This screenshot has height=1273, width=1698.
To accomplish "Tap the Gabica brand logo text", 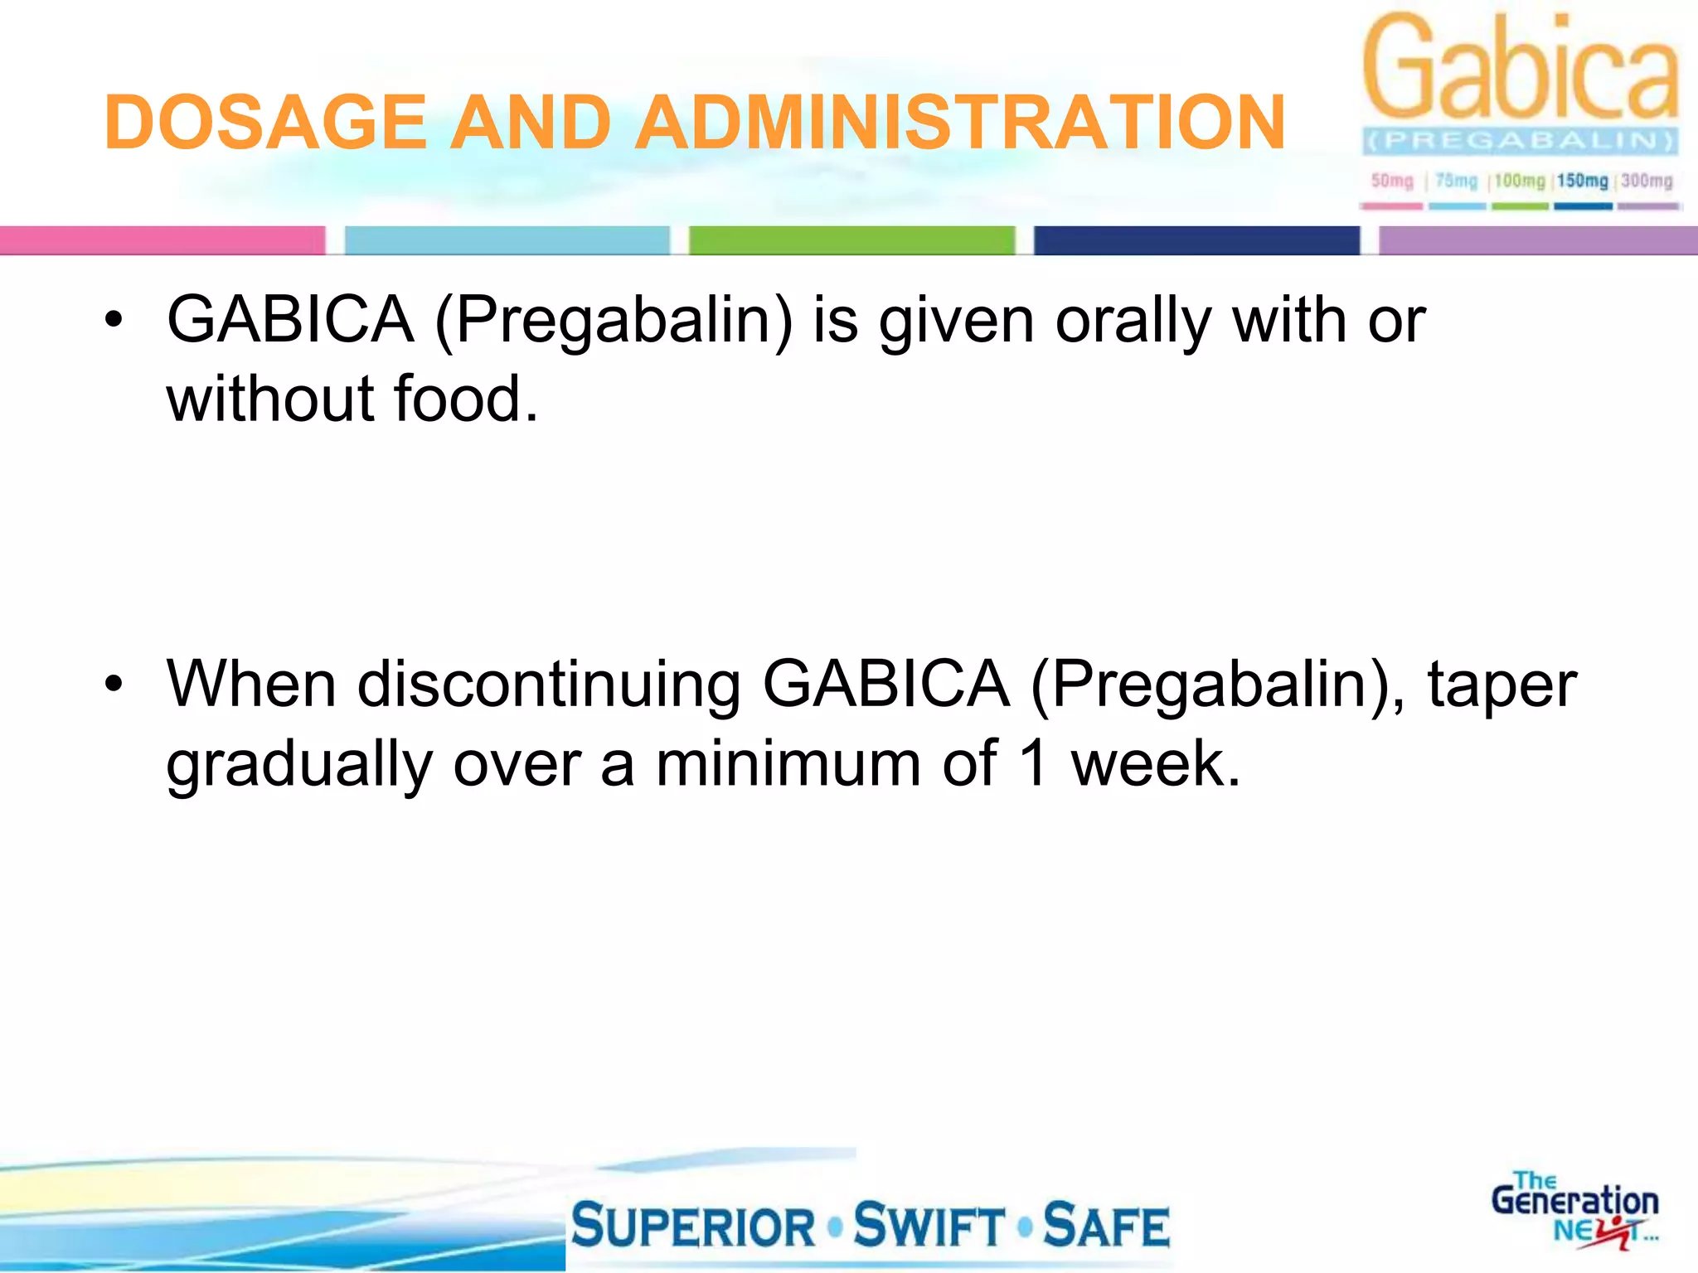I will click(x=1521, y=68).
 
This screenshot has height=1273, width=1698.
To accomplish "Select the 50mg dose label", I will click(x=1392, y=181).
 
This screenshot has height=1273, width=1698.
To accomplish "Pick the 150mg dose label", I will click(x=1582, y=181).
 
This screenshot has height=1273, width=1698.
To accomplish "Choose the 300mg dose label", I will click(x=1647, y=181).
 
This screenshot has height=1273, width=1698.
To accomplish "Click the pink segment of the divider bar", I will click(x=163, y=240).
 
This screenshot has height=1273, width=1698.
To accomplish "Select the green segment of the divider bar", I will click(x=851, y=240).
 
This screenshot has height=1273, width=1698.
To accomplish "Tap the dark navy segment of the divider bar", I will click(x=1196, y=240).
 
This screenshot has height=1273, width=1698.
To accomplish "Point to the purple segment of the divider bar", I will click(x=1538, y=240).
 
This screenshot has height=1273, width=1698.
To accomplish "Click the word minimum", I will click(x=788, y=764).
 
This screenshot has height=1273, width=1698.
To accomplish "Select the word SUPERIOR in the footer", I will click(x=694, y=1227).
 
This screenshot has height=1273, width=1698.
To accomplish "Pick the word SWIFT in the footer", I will click(x=929, y=1227).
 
